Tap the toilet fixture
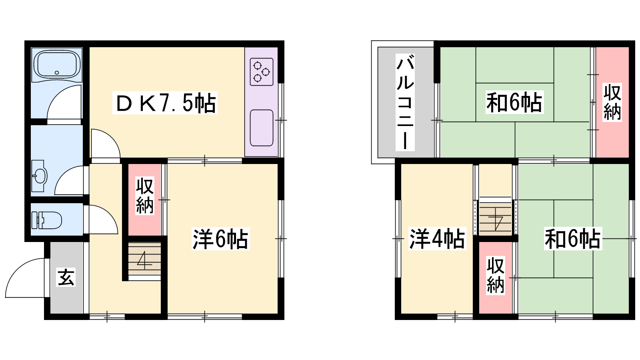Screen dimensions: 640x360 46,220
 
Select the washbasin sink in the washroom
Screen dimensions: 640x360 38,176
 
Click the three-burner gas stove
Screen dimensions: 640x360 262,72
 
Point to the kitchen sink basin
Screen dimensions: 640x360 262,128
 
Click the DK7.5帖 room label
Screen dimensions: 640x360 165,103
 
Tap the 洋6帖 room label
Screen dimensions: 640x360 220,239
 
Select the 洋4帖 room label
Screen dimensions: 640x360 437,238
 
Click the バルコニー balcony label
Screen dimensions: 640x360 405,102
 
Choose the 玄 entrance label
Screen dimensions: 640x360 66,277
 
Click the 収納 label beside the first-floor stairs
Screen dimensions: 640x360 144,196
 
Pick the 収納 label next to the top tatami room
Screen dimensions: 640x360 612,102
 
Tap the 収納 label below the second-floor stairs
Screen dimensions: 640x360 496,276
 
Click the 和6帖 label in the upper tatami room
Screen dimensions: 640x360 514,102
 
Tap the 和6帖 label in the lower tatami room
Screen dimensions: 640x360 573,238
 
